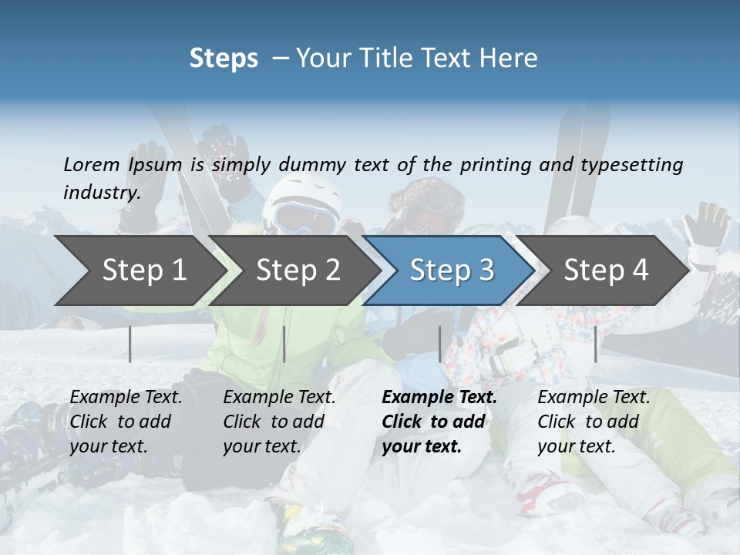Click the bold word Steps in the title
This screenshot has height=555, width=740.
pyautogui.click(x=224, y=59)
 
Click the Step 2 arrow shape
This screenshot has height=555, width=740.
pyautogui.click(x=298, y=270)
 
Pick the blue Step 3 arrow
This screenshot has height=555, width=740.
pyautogui.click(x=452, y=270)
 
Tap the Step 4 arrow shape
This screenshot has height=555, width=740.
pyautogui.click(x=606, y=270)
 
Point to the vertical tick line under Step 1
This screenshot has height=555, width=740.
pyautogui.click(x=130, y=344)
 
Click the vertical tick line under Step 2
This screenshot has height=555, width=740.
pyautogui.click(x=284, y=344)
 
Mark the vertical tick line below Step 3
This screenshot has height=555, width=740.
pyautogui.click(x=440, y=344)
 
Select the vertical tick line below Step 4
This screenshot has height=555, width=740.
pyautogui.click(x=595, y=344)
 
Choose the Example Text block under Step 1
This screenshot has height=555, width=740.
pyautogui.click(x=126, y=422)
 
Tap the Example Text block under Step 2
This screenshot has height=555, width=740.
pyautogui.click(x=279, y=422)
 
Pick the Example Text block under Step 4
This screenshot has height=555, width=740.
pyautogui.click(x=594, y=422)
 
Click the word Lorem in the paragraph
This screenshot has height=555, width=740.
pyautogui.click(x=92, y=164)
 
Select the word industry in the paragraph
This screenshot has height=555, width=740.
pyautogui.click(x=101, y=192)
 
